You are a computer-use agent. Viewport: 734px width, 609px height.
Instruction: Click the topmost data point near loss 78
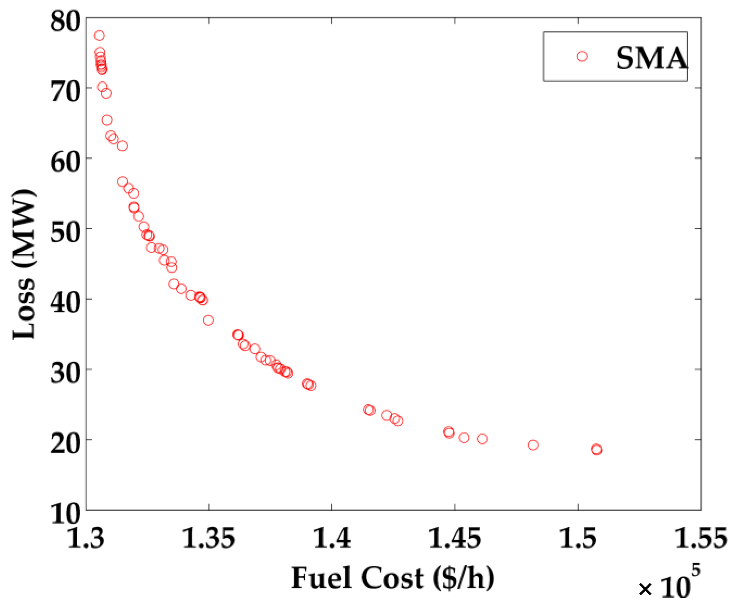pos(99,35)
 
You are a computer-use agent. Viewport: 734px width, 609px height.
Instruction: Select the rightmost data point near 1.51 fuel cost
pos(596,450)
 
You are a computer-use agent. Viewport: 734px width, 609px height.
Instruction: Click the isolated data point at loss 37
pos(208,320)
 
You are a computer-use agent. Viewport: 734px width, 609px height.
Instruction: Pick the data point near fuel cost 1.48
pos(533,445)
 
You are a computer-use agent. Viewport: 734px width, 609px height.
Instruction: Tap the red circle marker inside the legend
pos(582,56)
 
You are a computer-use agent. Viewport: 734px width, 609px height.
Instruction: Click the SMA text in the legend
pos(651,58)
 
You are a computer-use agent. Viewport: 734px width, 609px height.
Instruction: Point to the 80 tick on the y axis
pos(65,21)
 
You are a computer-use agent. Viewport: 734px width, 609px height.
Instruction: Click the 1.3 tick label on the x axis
pos(86,538)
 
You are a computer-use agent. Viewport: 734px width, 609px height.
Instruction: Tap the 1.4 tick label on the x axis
pos(332,538)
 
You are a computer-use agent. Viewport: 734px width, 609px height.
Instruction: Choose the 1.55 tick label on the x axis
pos(701,538)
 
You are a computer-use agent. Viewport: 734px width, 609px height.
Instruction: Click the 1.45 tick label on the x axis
pos(455,538)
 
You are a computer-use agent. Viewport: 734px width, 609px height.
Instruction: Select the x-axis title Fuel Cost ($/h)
pos(393,578)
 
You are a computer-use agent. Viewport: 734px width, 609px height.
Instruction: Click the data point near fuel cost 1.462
pos(482,439)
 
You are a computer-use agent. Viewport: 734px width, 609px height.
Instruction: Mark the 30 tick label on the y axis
pos(65,373)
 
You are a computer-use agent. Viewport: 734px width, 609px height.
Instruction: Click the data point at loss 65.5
pos(107,120)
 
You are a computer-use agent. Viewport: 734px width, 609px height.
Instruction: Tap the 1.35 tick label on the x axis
pos(209,538)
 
